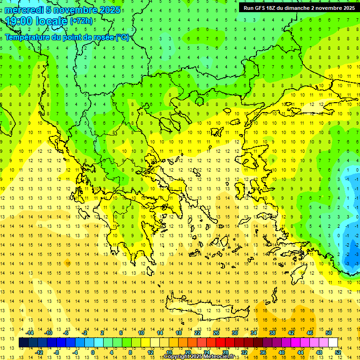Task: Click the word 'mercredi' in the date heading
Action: (23, 10)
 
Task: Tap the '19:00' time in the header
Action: (19, 21)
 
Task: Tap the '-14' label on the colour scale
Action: (30, 333)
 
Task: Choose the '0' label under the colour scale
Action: (92, 352)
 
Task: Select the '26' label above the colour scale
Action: (216, 333)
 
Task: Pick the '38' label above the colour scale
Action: (272, 333)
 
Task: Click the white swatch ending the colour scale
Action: (333, 343)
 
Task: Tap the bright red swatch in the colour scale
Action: (221, 343)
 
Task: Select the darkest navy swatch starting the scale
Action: (23, 343)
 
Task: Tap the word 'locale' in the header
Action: (51, 21)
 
